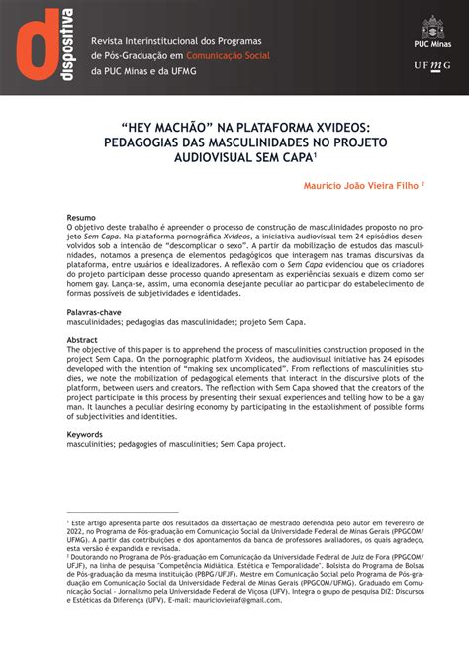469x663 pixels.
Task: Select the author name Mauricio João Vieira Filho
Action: tap(360, 184)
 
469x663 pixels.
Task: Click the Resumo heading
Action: tap(81, 216)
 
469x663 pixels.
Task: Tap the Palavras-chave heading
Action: tap(96, 311)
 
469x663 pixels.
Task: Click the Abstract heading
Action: tap(82, 339)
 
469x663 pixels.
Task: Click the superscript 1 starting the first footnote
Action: tap(67, 521)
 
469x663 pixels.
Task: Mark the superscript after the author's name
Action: tap(422, 182)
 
